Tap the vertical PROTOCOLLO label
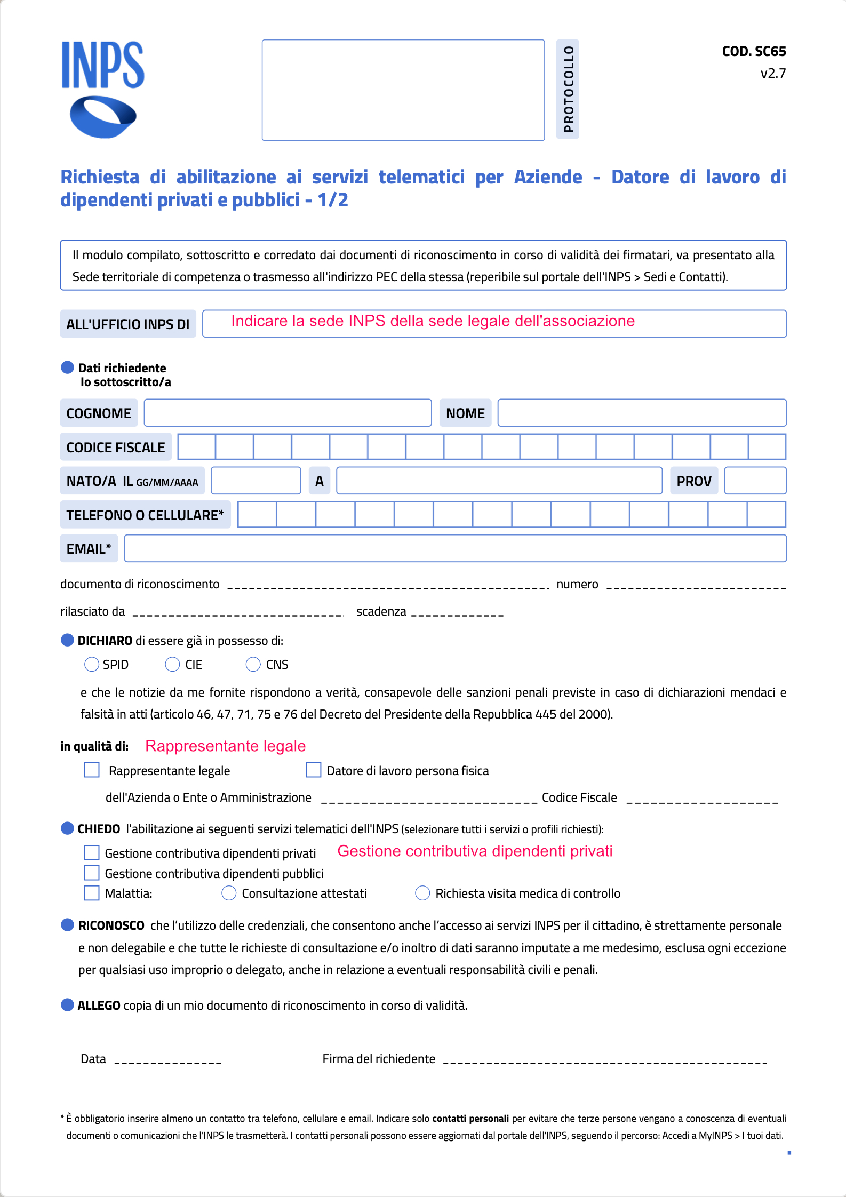(568, 89)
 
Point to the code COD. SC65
(754, 52)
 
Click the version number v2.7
(773, 74)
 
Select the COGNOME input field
(288, 413)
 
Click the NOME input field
(642, 413)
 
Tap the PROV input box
(755, 481)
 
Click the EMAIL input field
(455, 548)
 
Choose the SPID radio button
(92, 664)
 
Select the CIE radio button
(172, 664)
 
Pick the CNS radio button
(253, 664)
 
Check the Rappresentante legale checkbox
(92, 770)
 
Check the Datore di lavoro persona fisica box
(314, 770)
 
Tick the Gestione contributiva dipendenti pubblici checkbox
(92, 873)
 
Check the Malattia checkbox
(92, 893)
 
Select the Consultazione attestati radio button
(229, 893)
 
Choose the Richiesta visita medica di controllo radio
(422, 893)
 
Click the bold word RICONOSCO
(111, 925)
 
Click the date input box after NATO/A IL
(256, 481)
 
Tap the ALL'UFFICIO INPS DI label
(128, 324)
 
